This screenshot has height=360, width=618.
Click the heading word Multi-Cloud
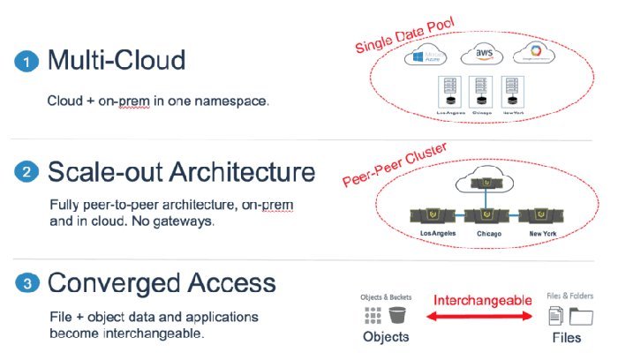coord(117,60)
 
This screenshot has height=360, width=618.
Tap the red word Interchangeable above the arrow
coord(482,300)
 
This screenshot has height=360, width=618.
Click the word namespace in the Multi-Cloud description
coord(233,101)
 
